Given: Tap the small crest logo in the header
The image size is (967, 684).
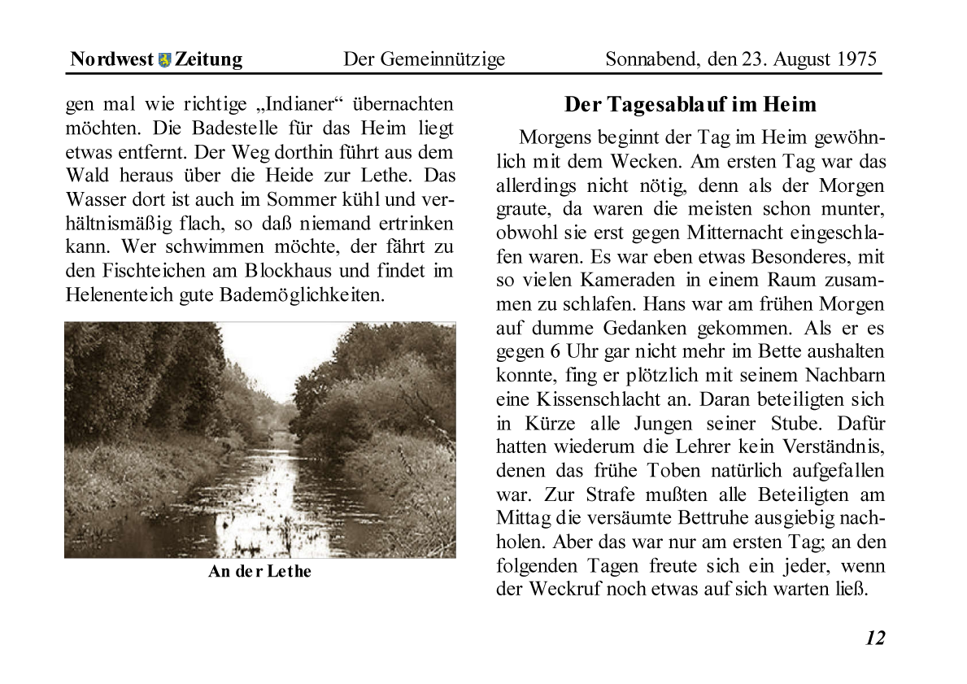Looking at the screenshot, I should tap(165, 59).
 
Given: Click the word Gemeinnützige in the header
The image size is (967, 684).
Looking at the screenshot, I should tap(442, 59).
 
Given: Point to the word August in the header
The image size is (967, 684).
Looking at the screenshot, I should tap(802, 59).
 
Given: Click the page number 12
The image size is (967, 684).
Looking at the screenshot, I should tap(874, 638).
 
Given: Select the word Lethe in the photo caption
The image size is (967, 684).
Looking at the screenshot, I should tap(289, 571).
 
